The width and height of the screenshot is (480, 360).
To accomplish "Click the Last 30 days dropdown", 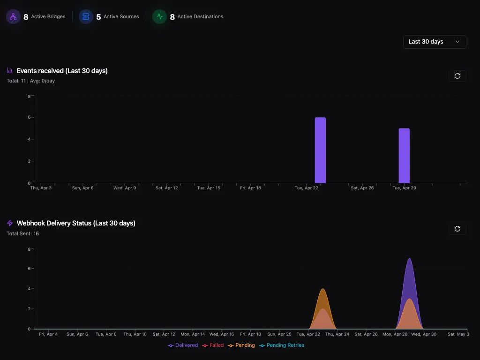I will [435, 42].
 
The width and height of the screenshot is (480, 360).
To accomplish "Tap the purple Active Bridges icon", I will [13, 17].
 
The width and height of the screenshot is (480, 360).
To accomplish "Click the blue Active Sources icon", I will [86, 17].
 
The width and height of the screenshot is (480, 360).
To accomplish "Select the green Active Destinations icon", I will [159, 17].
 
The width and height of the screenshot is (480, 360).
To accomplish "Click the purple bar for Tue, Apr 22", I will [320, 150].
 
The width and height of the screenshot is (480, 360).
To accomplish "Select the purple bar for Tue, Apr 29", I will [404, 156].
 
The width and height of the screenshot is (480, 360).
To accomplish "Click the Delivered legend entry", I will [183, 345].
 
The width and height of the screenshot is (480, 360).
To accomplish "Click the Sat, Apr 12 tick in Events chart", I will [167, 188].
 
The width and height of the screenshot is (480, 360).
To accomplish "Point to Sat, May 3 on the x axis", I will [458, 334].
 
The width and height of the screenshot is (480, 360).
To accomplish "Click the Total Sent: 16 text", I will [23, 233].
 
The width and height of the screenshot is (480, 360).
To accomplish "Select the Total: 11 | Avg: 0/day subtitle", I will [31, 81].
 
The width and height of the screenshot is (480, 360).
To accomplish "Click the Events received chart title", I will [62, 71].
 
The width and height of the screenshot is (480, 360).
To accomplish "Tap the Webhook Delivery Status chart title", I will [76, 223].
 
